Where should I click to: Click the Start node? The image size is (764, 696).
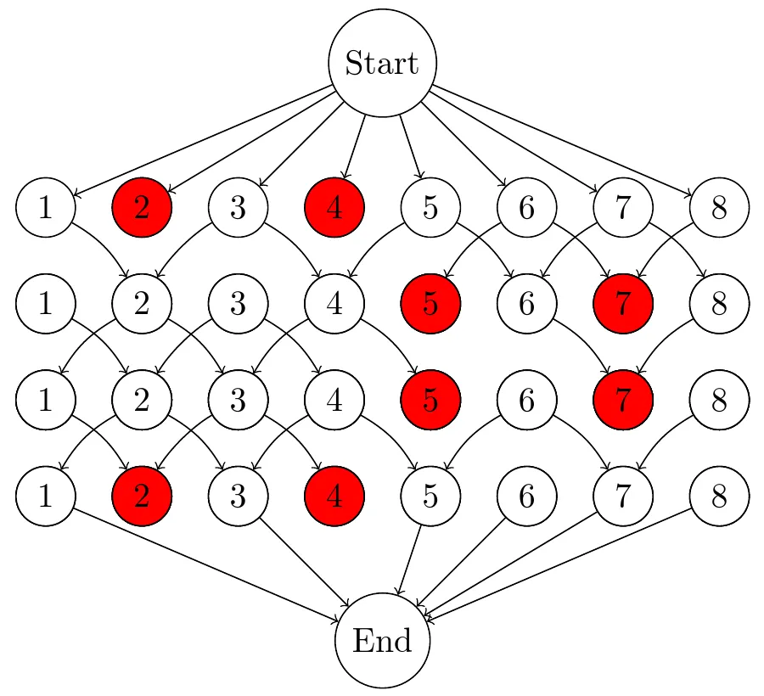click(x=382, y=63)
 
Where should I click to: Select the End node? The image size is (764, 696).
click(x=382, y=641)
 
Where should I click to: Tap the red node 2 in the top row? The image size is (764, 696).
click(x=142, y=207)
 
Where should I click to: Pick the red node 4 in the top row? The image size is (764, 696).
click(x=334, y=207)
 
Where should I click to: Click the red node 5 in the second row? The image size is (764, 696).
click(x=430, y=303)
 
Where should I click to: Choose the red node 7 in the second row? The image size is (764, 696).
click(x=623, y=303)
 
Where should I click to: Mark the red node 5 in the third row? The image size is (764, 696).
click(x=430, y=400)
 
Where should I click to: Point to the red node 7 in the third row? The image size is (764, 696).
click(x=623, y=400)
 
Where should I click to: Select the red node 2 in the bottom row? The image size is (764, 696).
click(x=142, y=496)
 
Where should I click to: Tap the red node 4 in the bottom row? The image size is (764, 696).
click(x=334, y=496)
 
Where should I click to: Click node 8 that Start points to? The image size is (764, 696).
click(x=719, y=207)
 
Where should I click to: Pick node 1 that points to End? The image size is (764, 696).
click(x=46, y=496)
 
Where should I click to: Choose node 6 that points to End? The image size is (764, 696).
click(x=526, y=496)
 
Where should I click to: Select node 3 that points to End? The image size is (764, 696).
click(x=239, y=496)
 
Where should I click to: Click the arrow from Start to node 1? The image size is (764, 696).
click(x=204, y=141)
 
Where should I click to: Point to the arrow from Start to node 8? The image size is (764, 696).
click(x=560, y=139)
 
